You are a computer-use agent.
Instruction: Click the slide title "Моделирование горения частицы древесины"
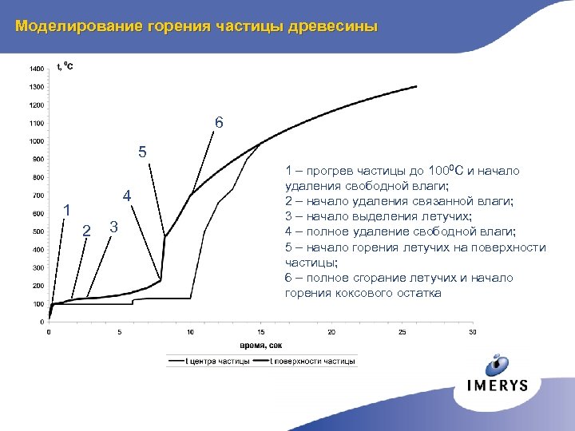pos(196,26)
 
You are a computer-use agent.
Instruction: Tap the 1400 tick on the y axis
pos(38,68)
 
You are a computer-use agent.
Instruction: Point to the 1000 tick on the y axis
pos(38,141)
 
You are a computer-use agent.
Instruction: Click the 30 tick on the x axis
pos(473,332)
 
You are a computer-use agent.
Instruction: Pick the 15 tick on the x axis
pos(260,332)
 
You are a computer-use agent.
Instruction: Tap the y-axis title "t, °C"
pos(65,66)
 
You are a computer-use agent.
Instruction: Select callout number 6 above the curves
pos(219,124)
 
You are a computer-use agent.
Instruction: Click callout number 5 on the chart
pos(142,152)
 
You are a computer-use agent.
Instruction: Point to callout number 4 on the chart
pos(126,196)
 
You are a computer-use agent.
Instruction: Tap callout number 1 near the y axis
pos(68,211)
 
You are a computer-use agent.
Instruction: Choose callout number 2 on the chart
pos(86,231)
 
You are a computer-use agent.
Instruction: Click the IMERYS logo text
pos(498,386)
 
